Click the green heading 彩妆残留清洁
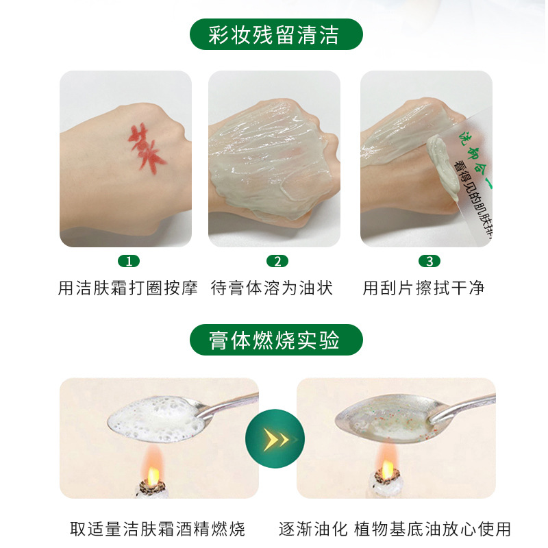point(275,34)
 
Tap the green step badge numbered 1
point(128,261)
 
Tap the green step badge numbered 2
point(277,261)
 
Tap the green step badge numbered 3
point(429,261)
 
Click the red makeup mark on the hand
point(147,145)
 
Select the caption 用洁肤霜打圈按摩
point(128,288)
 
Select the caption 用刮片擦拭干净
point(424,288)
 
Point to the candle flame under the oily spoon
point(387,469)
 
